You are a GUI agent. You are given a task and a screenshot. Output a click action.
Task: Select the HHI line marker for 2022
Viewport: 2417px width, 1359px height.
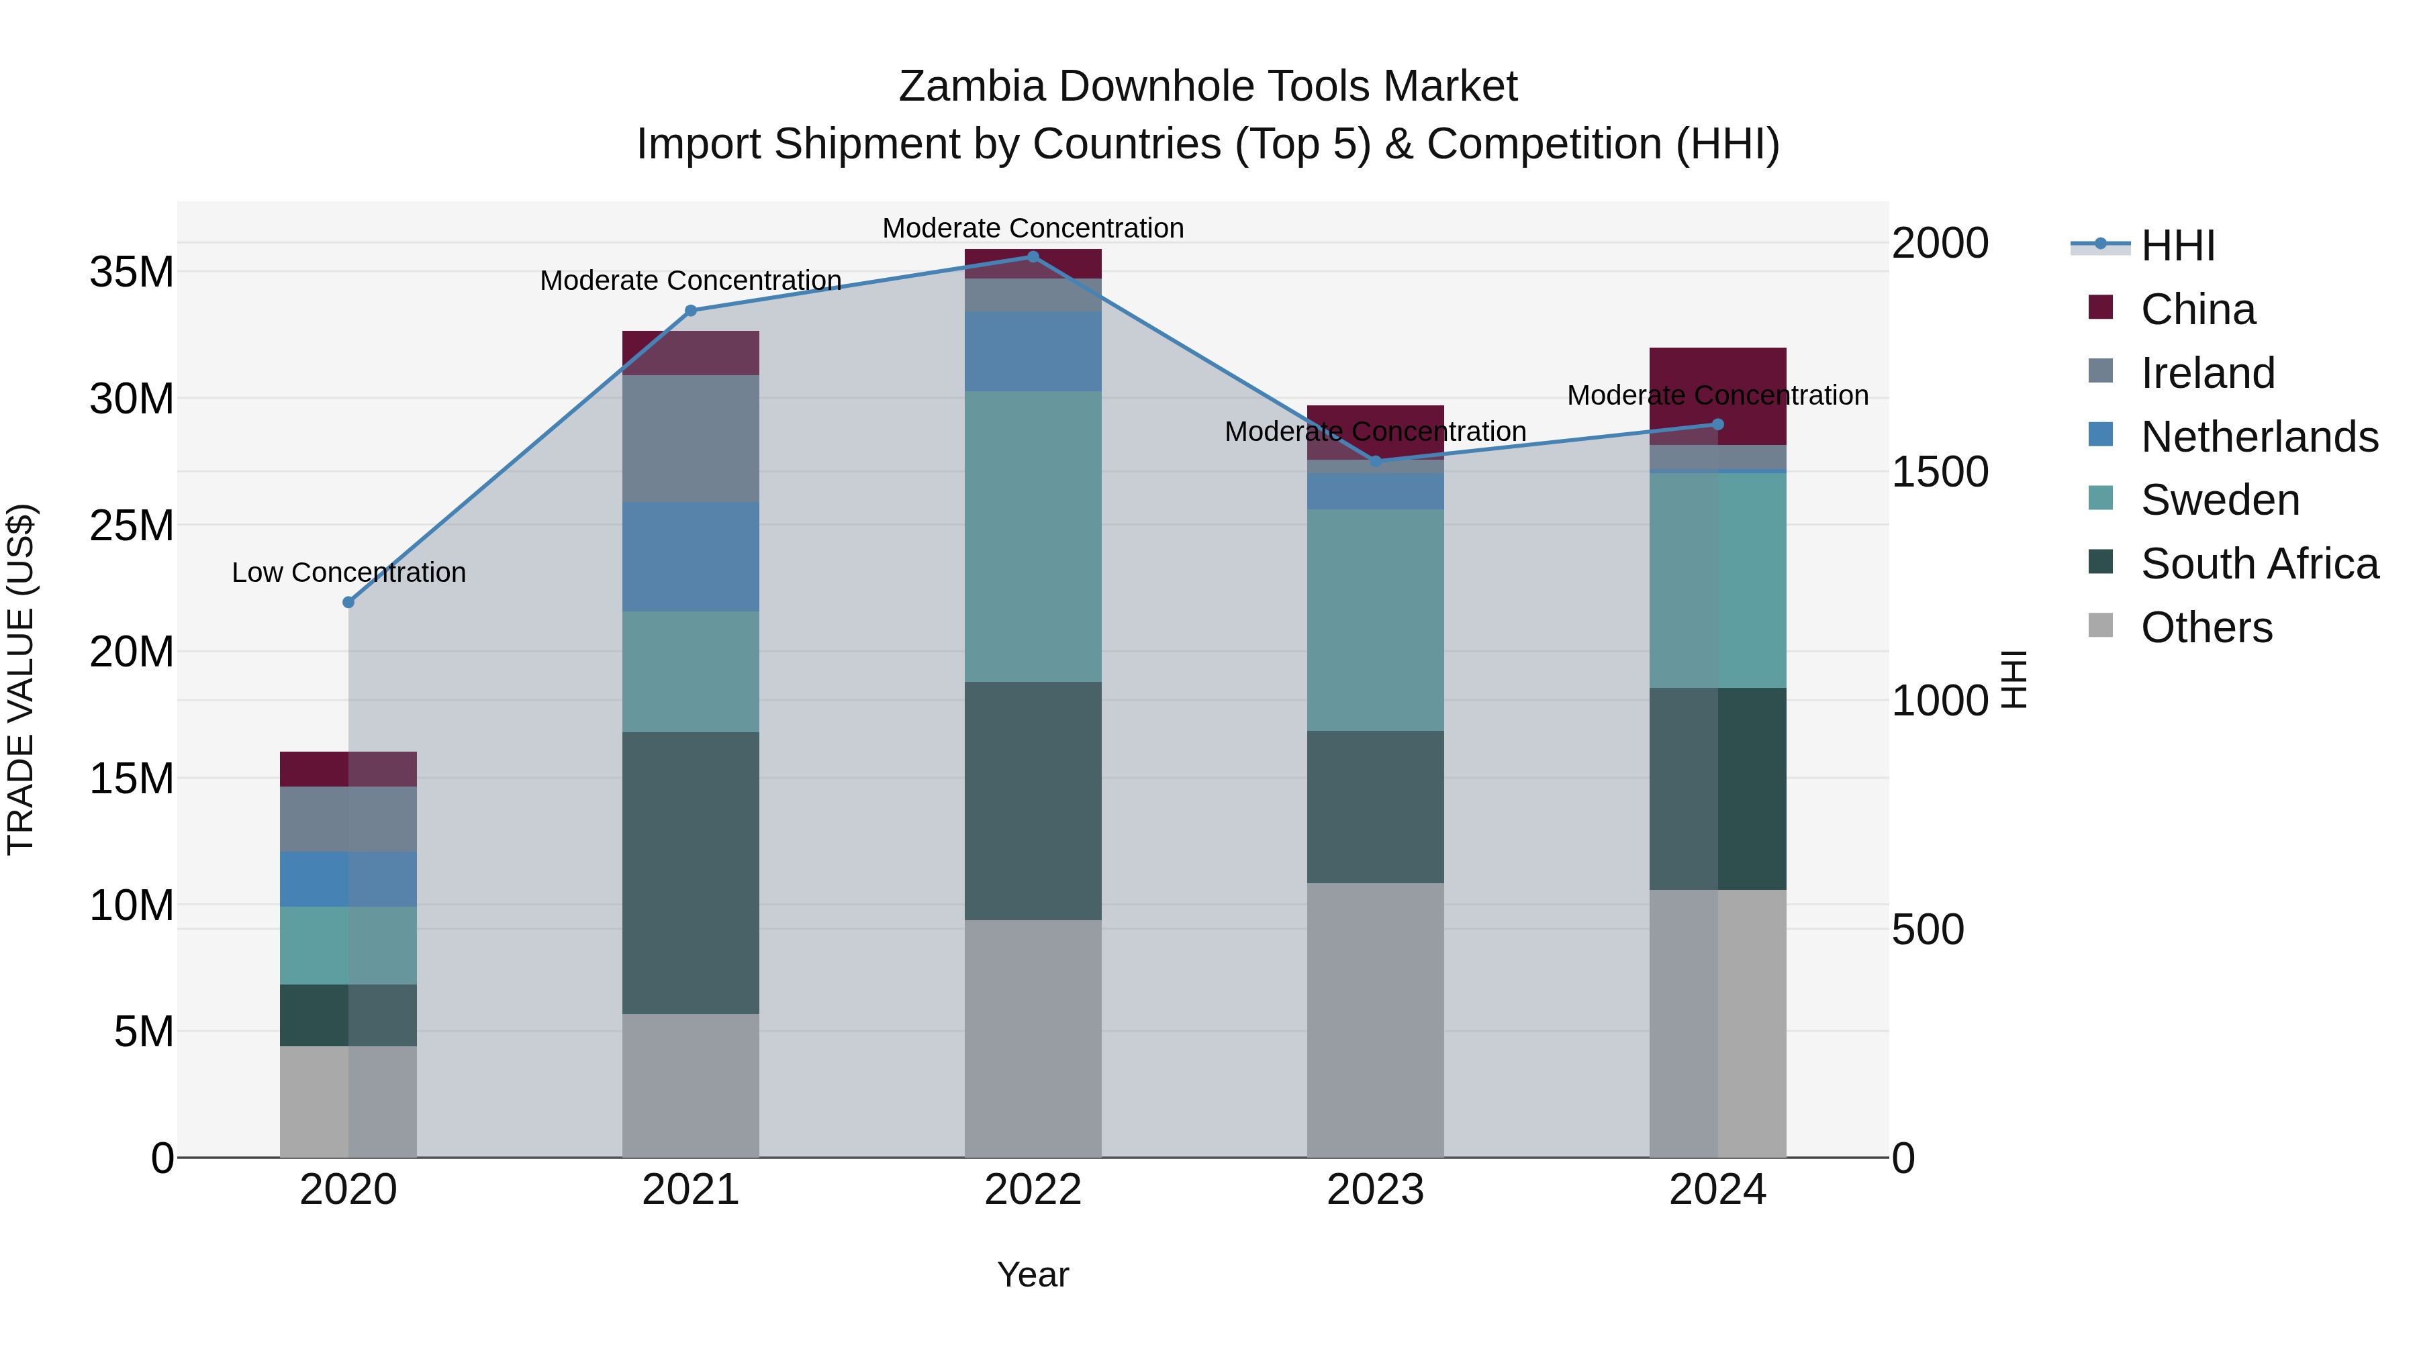(x=1033, y=257)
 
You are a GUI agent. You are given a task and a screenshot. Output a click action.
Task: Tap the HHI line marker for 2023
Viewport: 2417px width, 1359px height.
(x=1376, y=462)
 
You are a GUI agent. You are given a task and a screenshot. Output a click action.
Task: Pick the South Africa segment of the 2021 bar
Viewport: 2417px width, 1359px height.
(x=691, y=872)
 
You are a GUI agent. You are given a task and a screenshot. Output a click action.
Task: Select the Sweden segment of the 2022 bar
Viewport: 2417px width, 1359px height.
(x=1033, y=536)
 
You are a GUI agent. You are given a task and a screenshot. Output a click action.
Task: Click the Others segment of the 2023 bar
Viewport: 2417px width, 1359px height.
(x=1376, y=1019)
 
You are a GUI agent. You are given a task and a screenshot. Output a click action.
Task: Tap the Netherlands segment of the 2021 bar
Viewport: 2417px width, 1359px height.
(x=691, y=556)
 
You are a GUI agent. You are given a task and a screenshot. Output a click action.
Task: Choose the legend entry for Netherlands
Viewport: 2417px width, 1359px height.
(x=2259, y=437)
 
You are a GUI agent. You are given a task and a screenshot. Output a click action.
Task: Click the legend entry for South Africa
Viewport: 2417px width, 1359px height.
(x=2259, y=564)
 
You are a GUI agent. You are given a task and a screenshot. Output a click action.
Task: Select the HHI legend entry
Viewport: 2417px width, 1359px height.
(x=2177, y=246)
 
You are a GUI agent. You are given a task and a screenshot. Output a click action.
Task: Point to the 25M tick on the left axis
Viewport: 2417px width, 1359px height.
(x=132, y=525)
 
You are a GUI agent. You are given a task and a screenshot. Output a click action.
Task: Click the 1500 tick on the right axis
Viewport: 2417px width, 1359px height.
(x=1938, y=472)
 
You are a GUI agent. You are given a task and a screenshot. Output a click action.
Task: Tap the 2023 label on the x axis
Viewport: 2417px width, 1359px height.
(x=1376, y=1190)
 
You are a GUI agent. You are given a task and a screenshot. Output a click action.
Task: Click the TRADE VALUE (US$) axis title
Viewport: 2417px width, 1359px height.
(x=21, y=679)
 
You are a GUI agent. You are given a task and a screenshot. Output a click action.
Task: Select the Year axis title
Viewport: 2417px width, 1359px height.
(x=1033, y=1274)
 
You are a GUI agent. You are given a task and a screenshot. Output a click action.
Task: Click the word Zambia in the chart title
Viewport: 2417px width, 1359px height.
(x=972, y=87)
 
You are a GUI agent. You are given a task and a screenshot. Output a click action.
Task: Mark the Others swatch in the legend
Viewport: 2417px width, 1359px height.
(x=2100, y=625)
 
